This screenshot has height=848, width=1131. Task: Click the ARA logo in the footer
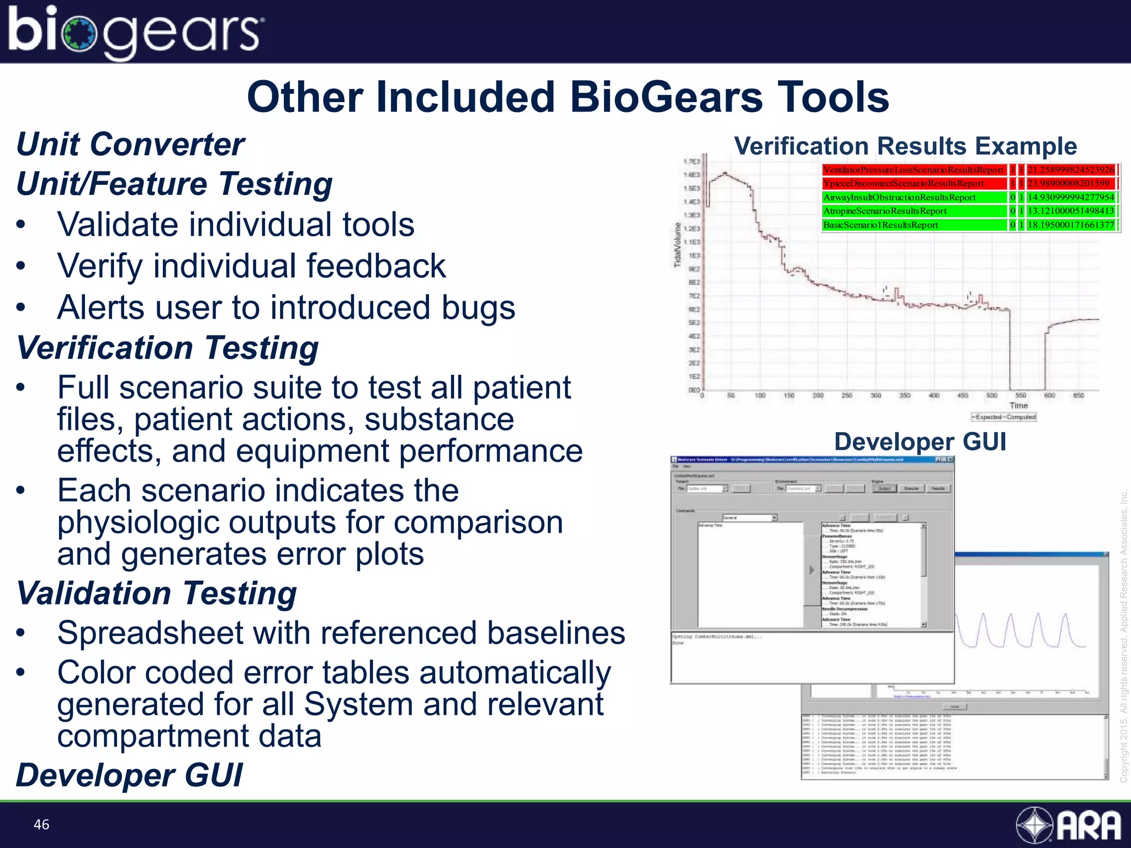tap(1069, 825)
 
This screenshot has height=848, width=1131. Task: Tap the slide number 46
tap(41, 824)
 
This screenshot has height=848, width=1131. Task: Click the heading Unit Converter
tap(130, 145)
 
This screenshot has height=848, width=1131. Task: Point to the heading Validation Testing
tap(157, 593)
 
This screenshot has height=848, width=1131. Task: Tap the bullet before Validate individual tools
tap(21, 225)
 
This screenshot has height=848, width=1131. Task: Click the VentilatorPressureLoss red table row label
tap(913, 170)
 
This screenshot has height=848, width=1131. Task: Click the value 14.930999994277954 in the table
tap(1070, 198)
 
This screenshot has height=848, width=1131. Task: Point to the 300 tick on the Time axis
tap(876, 395)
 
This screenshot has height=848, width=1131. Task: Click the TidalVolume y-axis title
tap(678, 245)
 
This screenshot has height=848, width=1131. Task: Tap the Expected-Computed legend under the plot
tap(1004, 417)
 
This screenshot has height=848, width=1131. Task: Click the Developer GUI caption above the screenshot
tap(920, 442)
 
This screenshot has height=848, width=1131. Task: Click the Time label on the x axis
tap(1018, 405)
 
